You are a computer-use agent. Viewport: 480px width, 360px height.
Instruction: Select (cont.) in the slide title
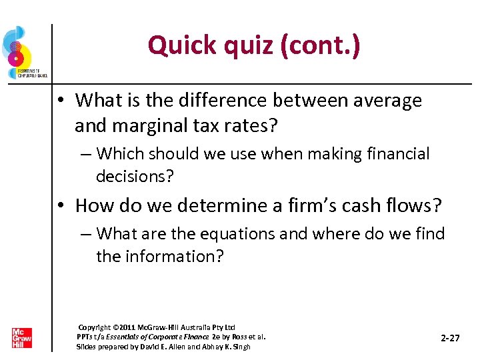click(x=323, y=45)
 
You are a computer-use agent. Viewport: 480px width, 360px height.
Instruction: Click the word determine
click(x=207, y=205)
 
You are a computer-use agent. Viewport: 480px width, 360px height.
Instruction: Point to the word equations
click(x=238, y=234)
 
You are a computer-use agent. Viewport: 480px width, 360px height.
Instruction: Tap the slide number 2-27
click(x=451, y=338)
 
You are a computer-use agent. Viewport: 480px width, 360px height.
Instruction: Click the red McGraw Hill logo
click(x=21, y=338)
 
